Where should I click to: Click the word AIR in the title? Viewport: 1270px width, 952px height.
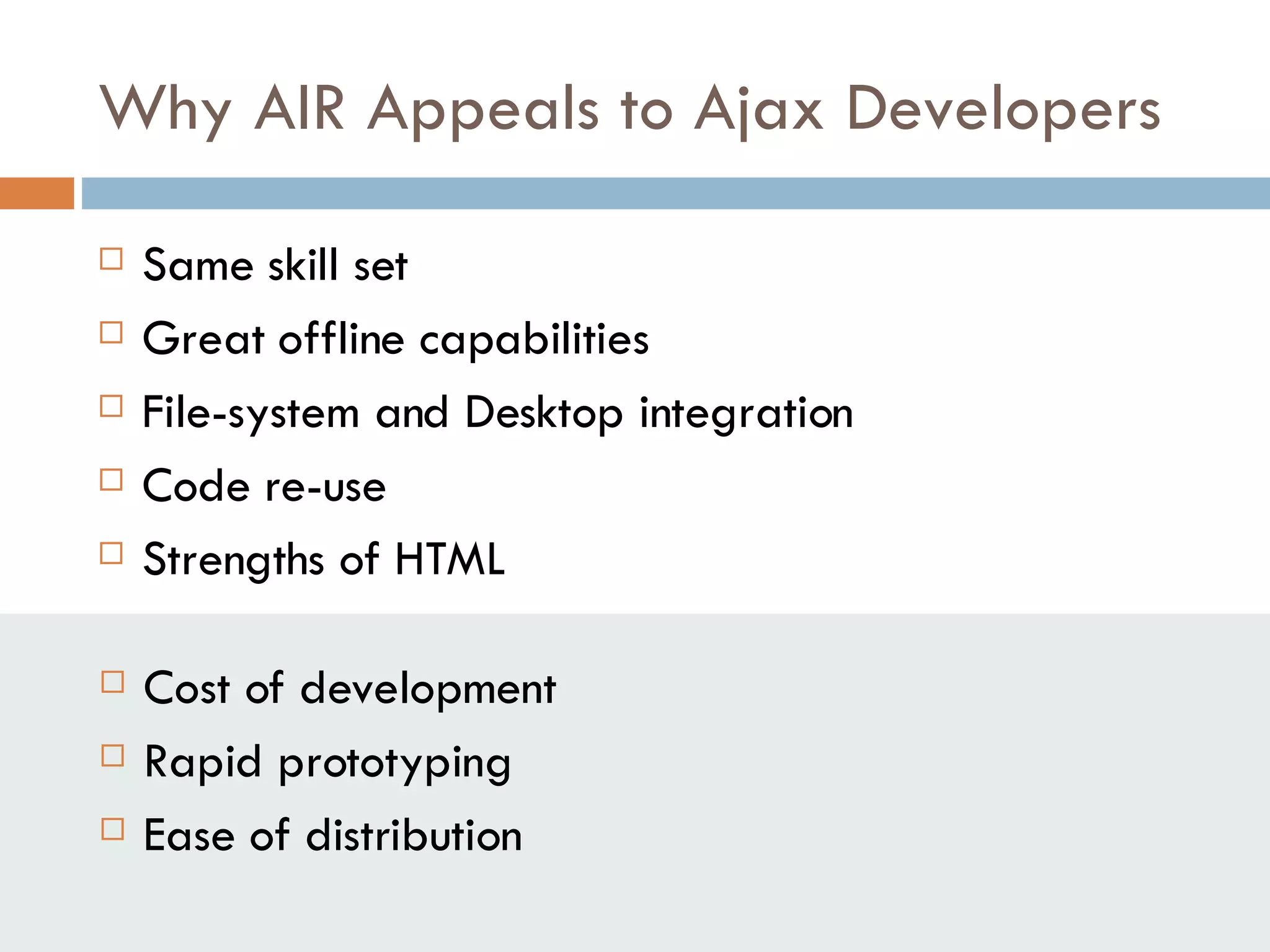coord(300,110)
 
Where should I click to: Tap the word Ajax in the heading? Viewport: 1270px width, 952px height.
coord(758,110)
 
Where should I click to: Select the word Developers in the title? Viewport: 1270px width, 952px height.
coord(1003,110)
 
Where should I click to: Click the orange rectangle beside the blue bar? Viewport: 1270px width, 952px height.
coord(37,193)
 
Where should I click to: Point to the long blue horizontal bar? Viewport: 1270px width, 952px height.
coord(675,193)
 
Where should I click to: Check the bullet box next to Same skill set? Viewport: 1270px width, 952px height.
coord(111,259)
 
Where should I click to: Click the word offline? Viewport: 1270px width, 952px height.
coord(341,339)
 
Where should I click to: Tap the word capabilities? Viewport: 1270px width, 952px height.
coord(534,340)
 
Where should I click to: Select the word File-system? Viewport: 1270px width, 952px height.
coord(251,413)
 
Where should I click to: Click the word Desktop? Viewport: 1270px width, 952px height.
coord(543,413)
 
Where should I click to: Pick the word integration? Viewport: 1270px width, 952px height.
coord(746,413)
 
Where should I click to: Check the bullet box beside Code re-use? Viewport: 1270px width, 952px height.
coord(111,480)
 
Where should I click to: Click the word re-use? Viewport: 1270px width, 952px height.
coord(325,487)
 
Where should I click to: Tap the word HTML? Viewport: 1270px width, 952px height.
coord(450,559)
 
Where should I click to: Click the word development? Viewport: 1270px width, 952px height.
coord(428,689)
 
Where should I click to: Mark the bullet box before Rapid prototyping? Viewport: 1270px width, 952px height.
coord(112,756)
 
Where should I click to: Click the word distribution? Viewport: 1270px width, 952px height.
coord(414,835)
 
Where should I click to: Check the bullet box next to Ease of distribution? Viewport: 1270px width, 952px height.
coord(112,829)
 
